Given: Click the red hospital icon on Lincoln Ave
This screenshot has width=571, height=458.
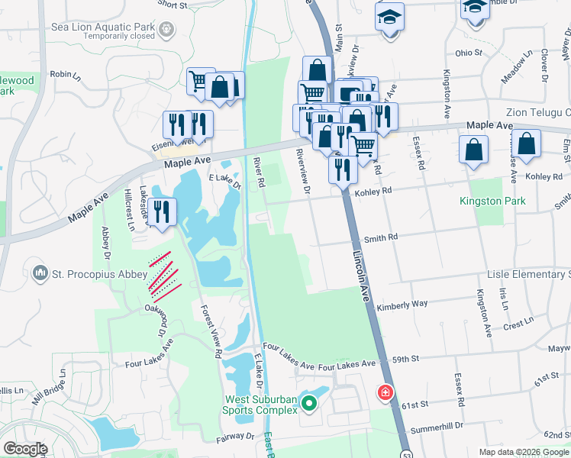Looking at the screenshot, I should (x=386, y=393).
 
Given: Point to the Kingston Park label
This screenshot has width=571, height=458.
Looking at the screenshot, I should (x=492, y=202).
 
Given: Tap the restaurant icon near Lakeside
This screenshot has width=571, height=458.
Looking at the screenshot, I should (x=161, y=211).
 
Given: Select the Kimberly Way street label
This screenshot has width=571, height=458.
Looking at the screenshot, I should (x=402, y=304).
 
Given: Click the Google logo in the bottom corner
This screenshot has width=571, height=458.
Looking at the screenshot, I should (x=25, y=449).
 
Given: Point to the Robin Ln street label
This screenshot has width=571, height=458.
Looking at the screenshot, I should (x=65, y=75).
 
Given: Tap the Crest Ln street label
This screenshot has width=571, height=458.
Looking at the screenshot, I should (x=518, y=323).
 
